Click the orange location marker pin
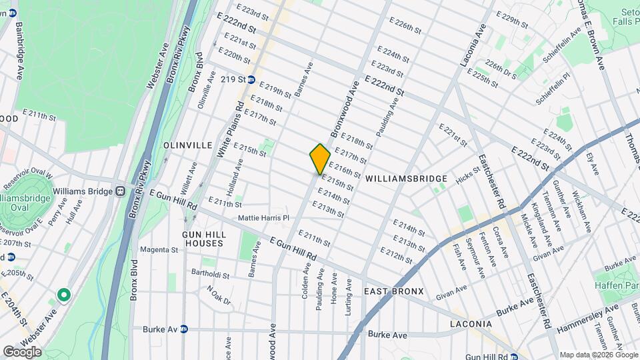point(320,159)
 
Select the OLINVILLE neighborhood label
point(187,145)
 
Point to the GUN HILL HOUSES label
point(204,240)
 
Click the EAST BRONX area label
point(395,292)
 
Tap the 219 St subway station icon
point(251,79)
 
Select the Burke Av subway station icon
point(184,329)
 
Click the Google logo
point(22,352)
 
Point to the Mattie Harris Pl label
point(265,218)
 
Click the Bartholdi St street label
point(211,275)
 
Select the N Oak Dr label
point(218,295)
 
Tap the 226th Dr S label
point(501,69)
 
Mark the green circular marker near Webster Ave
point(64,294)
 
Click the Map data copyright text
point(597,355)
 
